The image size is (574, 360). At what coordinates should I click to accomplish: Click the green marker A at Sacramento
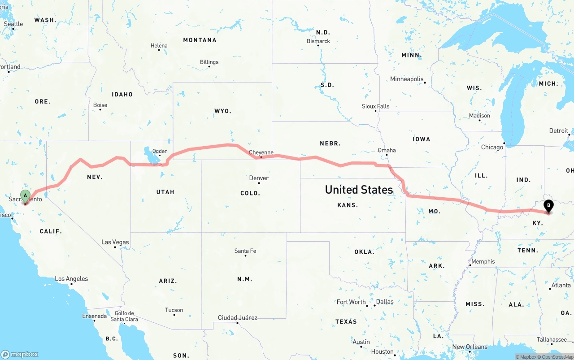click(26, 195)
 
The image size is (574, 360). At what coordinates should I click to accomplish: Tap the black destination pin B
click(548, 206)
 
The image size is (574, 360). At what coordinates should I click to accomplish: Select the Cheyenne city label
click(261, 152)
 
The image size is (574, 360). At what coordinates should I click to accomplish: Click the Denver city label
click(259, 178)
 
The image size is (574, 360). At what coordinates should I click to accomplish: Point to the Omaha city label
click(387, 150)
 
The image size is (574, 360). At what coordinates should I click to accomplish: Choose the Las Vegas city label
click(115, 242)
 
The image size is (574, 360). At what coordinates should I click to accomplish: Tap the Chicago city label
click(492, 147)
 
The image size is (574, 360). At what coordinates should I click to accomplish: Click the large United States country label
click(359, 190)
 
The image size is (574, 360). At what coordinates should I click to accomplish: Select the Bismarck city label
click(318, 41)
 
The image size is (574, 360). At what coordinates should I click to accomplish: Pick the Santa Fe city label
click(245, 251)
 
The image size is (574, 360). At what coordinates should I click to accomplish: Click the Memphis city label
click(483, 261)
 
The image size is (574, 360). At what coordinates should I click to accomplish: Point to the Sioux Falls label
click(376, 106)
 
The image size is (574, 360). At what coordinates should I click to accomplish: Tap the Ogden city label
click(160, 151)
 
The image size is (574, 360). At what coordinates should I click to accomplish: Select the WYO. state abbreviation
click(223, 111)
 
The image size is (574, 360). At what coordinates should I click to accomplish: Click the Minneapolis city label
click(407, 79)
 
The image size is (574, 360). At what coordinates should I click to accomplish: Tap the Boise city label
click(100, 105)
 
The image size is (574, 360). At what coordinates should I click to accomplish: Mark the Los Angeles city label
click(71, 278)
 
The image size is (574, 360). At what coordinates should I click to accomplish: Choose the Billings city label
click(209, 62)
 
